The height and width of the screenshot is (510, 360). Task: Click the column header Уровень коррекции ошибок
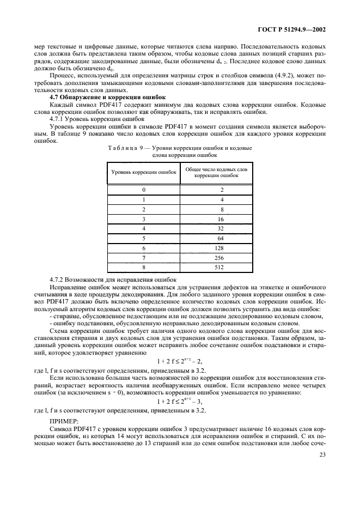click(144, 172)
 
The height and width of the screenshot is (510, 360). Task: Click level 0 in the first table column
click(144, 190)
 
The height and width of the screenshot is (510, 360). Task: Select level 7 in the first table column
click(144, 258)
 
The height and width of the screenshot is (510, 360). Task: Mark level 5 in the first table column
click(144, 238)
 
